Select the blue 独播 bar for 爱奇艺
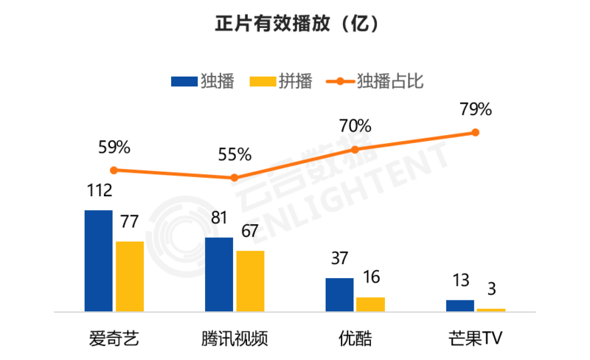[99, 260]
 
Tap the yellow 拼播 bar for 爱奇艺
[130, 276]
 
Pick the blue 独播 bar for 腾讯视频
[219, 274]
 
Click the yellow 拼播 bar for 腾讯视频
[250, 281]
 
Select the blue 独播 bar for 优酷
[339, 294]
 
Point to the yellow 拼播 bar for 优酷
[370, 304]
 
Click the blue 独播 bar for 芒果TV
[460, 305]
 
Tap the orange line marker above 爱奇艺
[114, 170]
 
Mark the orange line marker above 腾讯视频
[235, 178]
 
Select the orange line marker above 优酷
[355, 149]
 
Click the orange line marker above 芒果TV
[476, 133]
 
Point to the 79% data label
[476, 110]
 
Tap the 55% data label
[235, 155]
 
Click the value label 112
[98, 191]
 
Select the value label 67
[250, 231]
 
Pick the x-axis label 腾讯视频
[235, 339]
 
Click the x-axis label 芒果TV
[475, 339]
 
